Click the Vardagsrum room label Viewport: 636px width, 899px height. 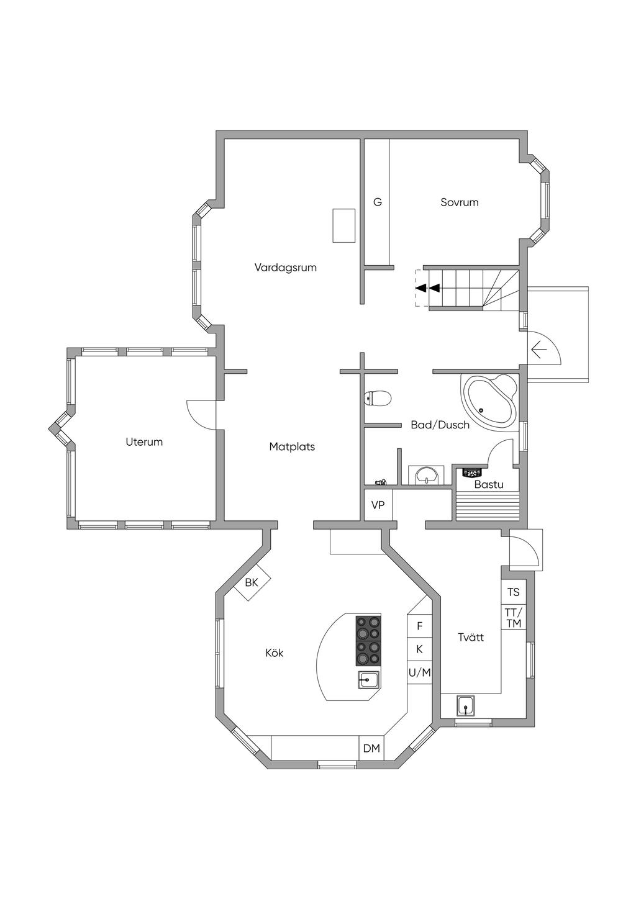[286, 268]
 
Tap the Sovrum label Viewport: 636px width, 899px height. [460, 202]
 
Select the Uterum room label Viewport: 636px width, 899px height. [144, 442]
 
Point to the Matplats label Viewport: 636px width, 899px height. [292, 446]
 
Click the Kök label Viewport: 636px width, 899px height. [275, 664]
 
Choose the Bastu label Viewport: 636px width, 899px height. [489, 484]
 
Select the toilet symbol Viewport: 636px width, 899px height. [378, 399]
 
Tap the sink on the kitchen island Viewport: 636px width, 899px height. [368, 680]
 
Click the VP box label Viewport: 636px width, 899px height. [378, 505]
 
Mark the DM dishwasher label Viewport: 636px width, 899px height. [371, 748]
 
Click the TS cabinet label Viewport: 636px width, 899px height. [513, 592]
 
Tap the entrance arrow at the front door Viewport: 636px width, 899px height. [539, 351]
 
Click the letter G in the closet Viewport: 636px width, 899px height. [378, 202]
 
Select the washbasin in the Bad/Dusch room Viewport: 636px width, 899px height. [426, 476]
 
